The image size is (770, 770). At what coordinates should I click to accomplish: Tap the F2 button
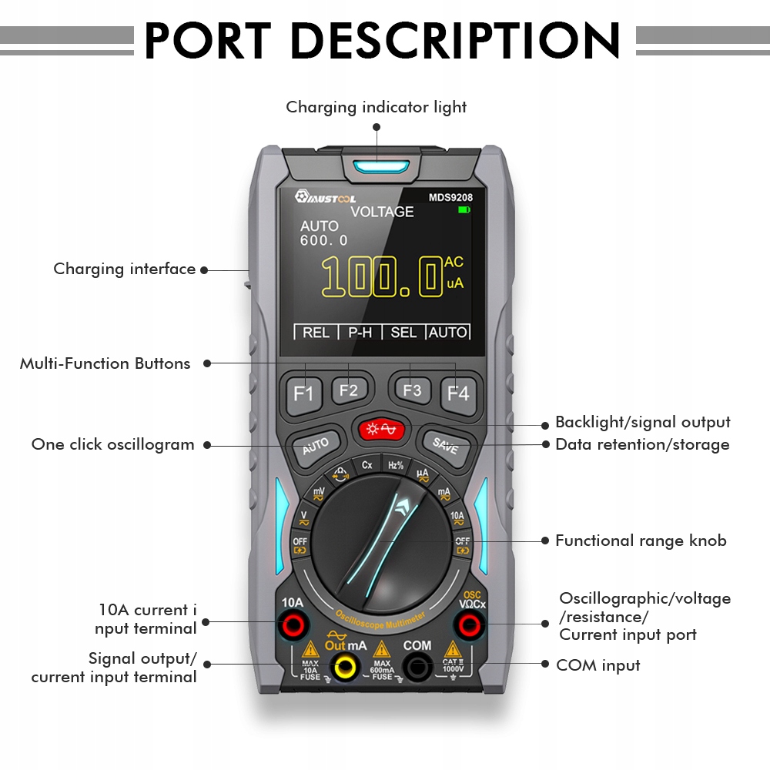coord(349,390)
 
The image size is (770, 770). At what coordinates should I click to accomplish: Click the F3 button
coord(412,390)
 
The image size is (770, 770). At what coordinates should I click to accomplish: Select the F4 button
coord(458,393)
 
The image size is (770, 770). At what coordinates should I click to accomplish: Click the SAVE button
coord(445,445)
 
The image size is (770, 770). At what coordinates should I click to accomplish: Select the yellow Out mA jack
coord(344,667)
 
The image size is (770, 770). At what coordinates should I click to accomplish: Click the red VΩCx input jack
coord(471,625)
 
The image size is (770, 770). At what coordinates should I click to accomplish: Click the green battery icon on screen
coord(464,209)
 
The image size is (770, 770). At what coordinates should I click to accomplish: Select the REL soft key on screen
coord(316,333)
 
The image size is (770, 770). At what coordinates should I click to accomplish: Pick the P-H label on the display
coord(360,333)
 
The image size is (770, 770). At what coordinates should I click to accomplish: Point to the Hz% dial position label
coord(396,465)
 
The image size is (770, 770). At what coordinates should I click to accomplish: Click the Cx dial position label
coord(367,465)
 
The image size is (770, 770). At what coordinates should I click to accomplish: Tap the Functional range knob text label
coord(641,541)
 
